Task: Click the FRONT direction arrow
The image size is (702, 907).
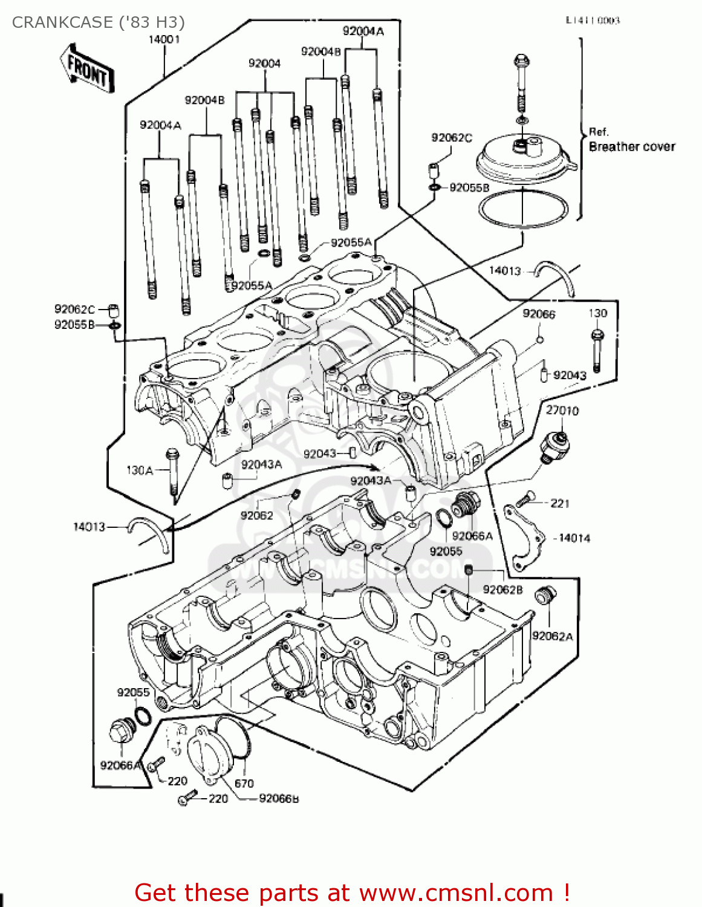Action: (87, 68)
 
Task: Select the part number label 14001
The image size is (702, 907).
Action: (164, 39)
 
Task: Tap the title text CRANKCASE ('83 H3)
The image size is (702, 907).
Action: (99, 22)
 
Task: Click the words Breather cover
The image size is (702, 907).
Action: (632, 146)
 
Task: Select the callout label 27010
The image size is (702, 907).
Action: (562, 411)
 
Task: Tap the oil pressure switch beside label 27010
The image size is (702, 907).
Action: (554, 446)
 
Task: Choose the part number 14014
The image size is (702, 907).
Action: (574, 538)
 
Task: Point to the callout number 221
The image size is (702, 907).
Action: (560, 503)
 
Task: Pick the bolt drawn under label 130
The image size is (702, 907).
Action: (597, 351)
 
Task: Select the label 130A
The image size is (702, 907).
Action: (139, 470)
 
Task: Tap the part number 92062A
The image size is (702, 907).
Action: (552, 636)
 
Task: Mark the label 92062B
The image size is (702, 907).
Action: (502, 589)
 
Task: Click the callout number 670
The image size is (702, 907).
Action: (244, 783)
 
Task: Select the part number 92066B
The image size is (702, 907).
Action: (279, 798)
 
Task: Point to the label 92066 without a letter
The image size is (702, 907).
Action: (539, 313)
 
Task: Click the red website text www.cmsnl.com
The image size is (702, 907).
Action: (451, 892)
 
